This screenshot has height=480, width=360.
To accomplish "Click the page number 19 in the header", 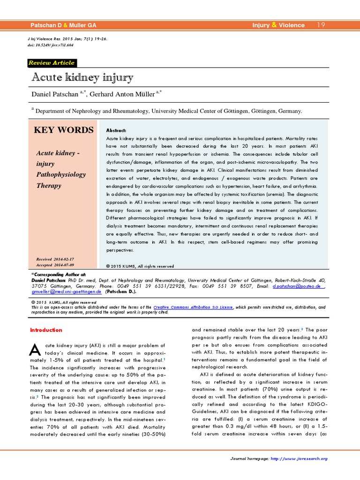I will [x=321, y=25].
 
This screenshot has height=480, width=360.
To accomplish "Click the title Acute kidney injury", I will [x=82, y=77].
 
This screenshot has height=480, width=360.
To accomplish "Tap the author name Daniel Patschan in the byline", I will [x=55, y=95].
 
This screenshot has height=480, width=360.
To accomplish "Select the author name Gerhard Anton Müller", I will [x=121, y=95].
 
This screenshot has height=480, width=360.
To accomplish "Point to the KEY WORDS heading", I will [x=63, y=130].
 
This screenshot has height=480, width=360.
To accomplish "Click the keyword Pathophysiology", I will [x=61, y=174].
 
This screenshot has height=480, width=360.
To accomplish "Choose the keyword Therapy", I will [x=49, y=185].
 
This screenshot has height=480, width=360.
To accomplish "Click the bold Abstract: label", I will [x=116, y=130].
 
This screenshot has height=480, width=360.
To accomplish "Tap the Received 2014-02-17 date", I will [x=55, y=259].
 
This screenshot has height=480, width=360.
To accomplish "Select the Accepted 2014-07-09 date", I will [x=55, y=265].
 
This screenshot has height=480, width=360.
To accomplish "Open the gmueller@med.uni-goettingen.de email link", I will [x=67, y=291].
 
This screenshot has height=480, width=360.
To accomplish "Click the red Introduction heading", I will [x=46, y=330].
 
